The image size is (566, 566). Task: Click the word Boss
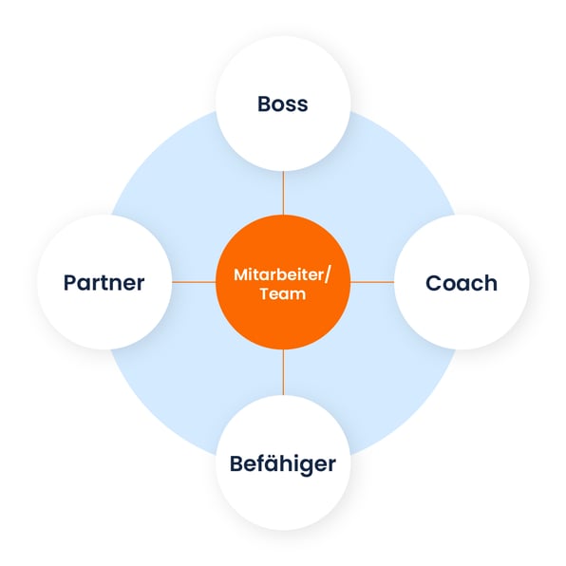(x=283, y=104)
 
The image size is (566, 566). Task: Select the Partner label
(x=104, y=283)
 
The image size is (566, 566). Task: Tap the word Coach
(x=462, y=283)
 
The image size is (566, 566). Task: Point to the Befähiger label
(x=283, y=463)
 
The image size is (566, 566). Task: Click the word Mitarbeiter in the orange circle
(x=279, y=274)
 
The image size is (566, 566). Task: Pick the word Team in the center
(x=283, y=293)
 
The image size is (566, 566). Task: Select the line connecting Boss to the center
(x=283, y=193)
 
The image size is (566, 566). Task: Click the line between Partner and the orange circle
(x=194, y=282)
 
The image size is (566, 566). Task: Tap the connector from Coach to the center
(x=372, y=282)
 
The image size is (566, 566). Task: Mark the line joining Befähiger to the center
(x=283, y=372)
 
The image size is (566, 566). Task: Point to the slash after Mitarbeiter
(x=327, y=275)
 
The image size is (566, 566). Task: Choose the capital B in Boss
(x=265, y=104)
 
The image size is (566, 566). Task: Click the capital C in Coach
(x=434, y=283)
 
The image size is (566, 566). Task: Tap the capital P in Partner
(x=70, y=283)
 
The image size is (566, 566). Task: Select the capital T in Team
(x=265, y=293)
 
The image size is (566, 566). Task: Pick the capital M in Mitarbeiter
(x=241, y=274)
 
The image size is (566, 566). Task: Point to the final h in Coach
(x=491, y=283)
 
